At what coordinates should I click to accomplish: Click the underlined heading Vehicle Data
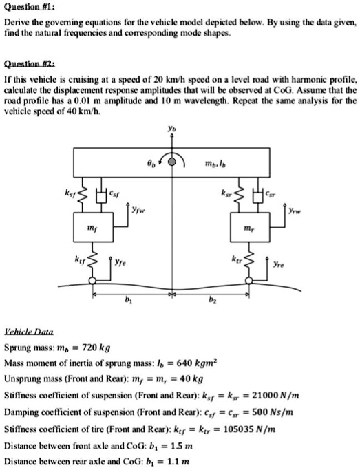click(28, 331)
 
